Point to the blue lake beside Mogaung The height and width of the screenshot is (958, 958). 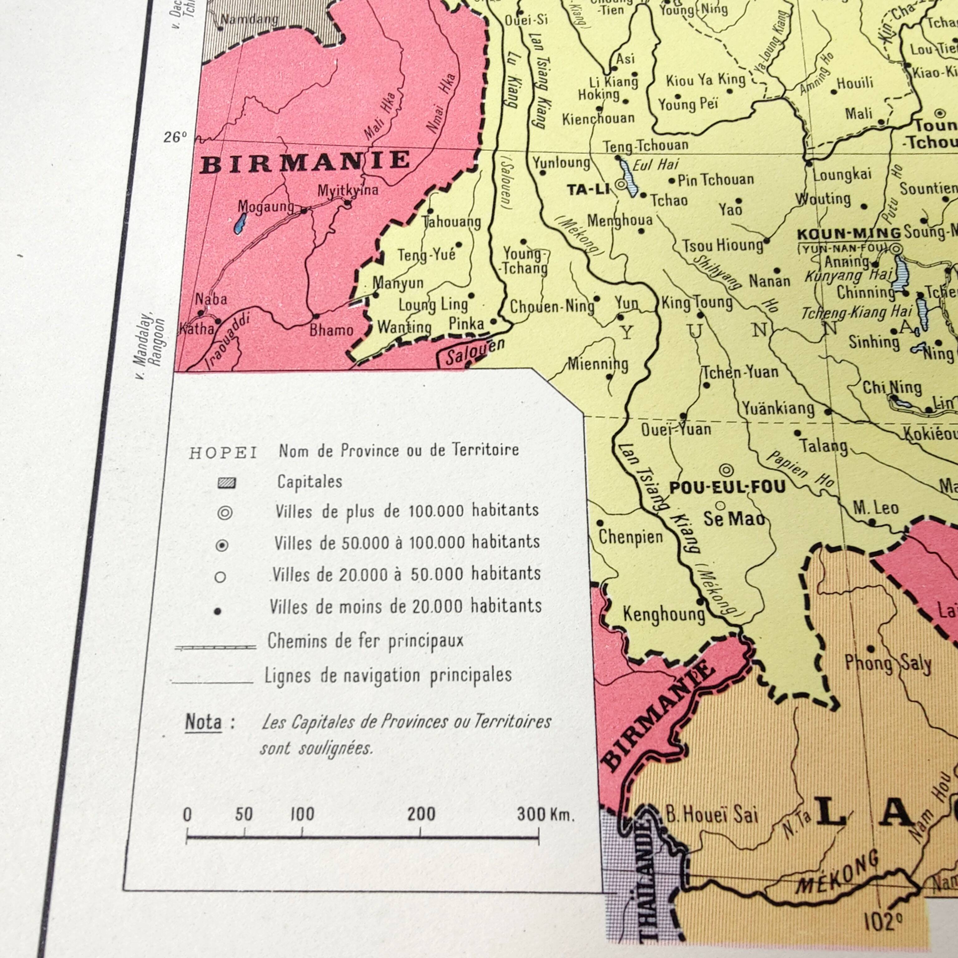(x=240, y=223)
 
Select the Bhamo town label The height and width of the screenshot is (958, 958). (x=331, y=330)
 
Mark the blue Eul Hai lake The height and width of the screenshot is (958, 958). (x=627, y=178)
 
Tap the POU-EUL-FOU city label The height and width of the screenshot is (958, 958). (x=728, y=487)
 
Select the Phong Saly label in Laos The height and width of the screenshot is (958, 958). (x=888, y=664)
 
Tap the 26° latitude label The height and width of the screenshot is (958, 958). (x=175, y=137)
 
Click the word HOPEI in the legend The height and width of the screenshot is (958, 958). (x=223, y=453)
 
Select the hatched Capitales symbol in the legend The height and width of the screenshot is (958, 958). (x=227, y=483)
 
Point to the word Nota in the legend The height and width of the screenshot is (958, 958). (x=203, y=723)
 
